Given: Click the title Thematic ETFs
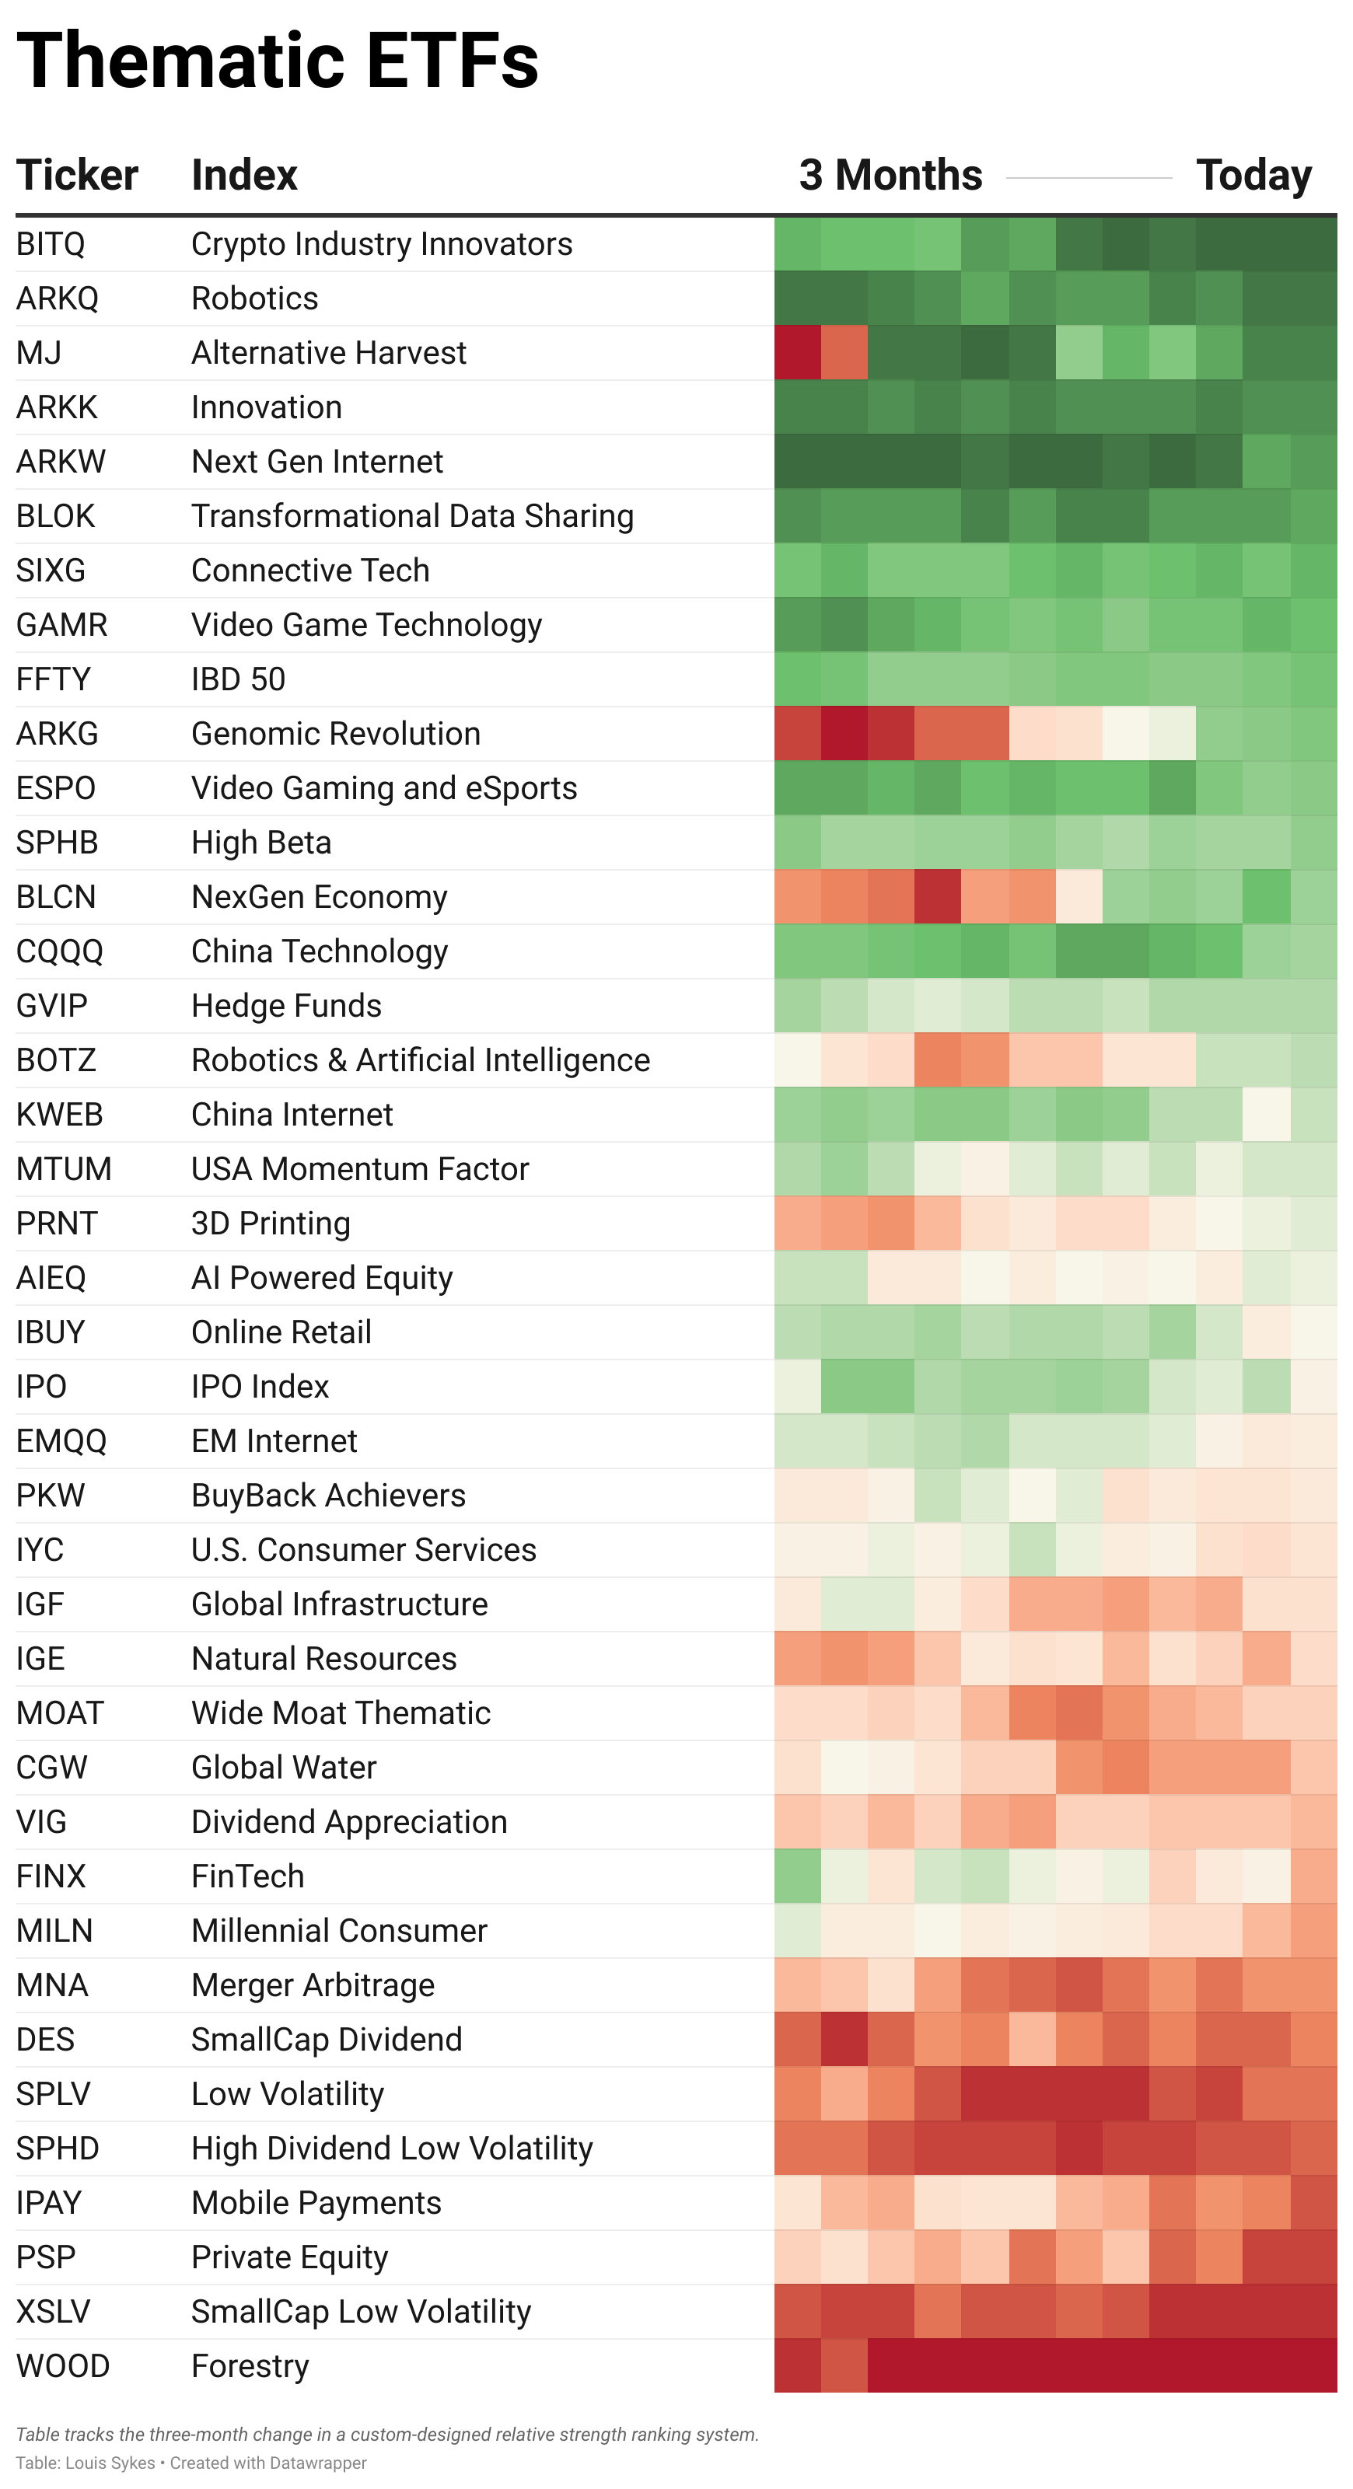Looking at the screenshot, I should pyautogui.click(x=278, y=60).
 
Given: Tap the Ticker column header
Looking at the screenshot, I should pyautogui.click(x=77, y=176).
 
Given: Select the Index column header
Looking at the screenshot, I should pyautogui.click(x=244, y=176).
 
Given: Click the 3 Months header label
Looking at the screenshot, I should pyautogui.click(x=890, y=176).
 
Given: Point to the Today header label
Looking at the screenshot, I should pyautogui.click(x=1253, y=176).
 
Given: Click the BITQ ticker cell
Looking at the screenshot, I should pyautogui.click(x=51, y=244).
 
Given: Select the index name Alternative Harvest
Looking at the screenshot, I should pyautogui.click(x=329, y=353).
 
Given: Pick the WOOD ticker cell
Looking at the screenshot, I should pyautogui.click(x=63, y=2365).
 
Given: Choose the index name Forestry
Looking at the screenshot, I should pyautogui.click(x=250, y=2365).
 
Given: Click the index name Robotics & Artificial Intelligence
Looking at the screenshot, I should pyautogui.click(x=421, y=1060).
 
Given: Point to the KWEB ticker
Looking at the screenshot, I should pyautogui.click(x=60, y=1114).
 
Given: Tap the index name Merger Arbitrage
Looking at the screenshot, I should pyautogui.click(x=313, y=1985).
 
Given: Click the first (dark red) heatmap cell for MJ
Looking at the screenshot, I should pyautogui.click(x=797, y=353).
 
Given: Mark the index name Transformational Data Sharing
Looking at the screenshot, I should pyautogui.click(x=413, y=516).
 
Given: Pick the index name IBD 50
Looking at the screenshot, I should pyautogui.click(x=239, y=679).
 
